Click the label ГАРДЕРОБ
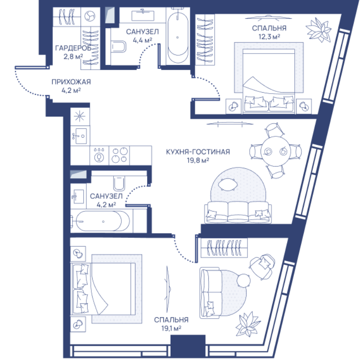[x=73, y=48]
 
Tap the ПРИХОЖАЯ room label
[x=71, y=82]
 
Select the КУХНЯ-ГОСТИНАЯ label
[x=198, y=152]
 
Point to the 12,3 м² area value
[x=269, y=37]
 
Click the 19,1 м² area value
[x=171, y=328]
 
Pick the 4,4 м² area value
[x=142, y=40]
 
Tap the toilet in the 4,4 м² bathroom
[x=118, y=47]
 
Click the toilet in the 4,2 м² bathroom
[x=119, y=184]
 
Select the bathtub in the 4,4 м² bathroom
[x=177, y=37]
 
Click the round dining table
[x=275, y=151]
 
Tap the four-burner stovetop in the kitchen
[x=119, y=155]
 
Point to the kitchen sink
[x=80, y=136]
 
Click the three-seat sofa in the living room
[x=238, y=212]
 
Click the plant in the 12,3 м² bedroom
[x=319, y=30]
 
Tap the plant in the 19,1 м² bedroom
[x=248, y=324]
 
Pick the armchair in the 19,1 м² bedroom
[x=262, y=266]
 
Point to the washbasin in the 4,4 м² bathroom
[x=143, y=15]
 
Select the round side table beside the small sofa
[x=243, y=280]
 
